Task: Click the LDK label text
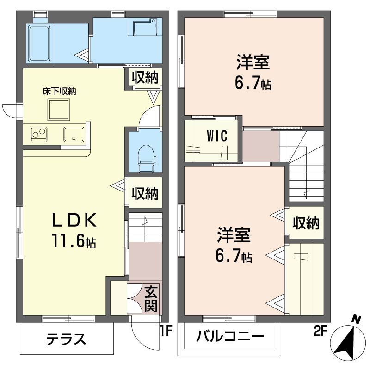74,220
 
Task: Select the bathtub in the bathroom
39,43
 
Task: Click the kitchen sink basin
74,134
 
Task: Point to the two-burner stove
39,134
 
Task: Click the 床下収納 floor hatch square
59,110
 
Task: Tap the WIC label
217,136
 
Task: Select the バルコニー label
230,336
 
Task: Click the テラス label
66,339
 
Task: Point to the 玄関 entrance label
151,298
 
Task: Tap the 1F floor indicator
166,330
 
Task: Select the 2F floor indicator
320,331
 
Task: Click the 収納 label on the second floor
306,223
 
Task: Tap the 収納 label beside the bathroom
145,77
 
